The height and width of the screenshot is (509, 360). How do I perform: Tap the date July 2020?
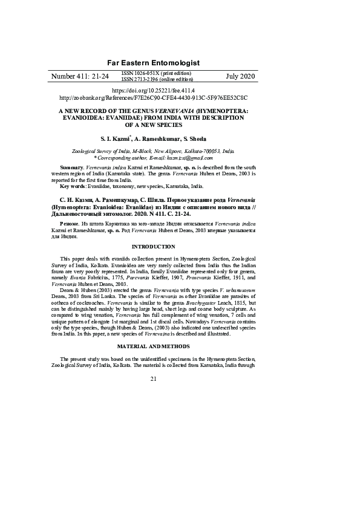click(240, 77)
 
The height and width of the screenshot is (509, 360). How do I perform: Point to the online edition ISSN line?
click(157, 79)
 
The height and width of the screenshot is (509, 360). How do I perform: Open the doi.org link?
click(153, 90)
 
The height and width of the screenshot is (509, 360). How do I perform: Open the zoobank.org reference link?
click(153, 97)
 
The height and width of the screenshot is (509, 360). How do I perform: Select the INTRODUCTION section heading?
click(153, 247)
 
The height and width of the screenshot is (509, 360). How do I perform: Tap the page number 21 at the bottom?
click(153, 378)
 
